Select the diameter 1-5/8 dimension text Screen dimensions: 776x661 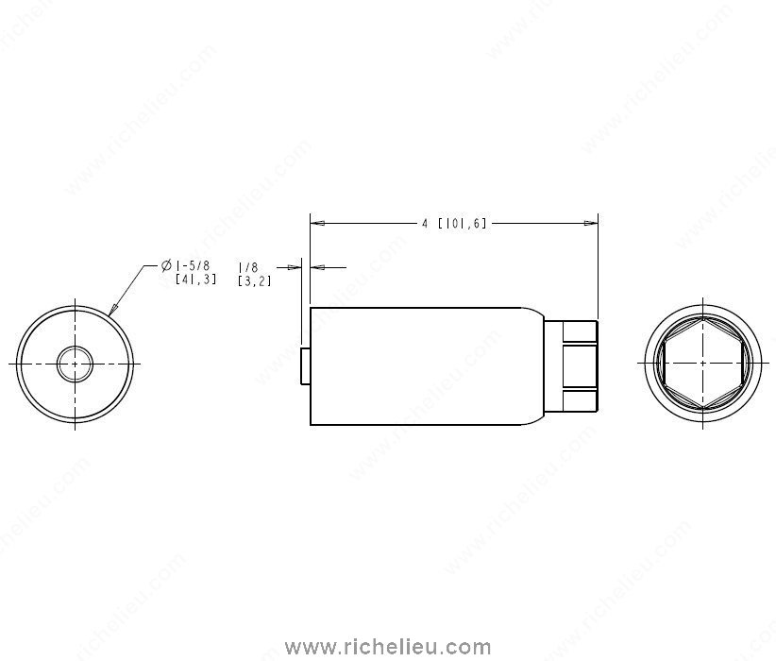(190, 272)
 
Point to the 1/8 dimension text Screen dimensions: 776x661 (254, 274)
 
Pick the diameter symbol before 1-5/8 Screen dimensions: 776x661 (167, 265)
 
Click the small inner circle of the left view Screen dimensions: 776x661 (75, 364)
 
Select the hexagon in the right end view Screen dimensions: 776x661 (703, 363)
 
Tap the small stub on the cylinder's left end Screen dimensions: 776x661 (305, 365)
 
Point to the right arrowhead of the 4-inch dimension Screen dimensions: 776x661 (591, 223)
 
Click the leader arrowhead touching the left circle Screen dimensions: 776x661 (114, 309)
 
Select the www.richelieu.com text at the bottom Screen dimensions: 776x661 (388, 647)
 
